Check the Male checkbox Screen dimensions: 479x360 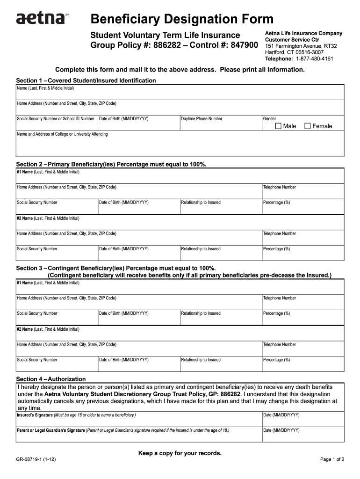coord(279,126)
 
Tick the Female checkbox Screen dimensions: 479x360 coord(308,126)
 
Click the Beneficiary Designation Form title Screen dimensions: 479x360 coord(182,19)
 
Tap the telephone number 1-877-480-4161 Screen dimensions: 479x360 coord(314,59)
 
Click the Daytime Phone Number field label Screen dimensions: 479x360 coord(202,119)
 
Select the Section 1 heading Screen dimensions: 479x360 coord(86,80)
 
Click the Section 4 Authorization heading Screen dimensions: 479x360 coord(51,379)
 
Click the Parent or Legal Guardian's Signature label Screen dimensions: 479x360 coord(51,430)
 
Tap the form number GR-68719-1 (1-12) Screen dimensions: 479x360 coord(36,459)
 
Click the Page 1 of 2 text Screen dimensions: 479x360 coord(332,459)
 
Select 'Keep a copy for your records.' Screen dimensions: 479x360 coord(180,453)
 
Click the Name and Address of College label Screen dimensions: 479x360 coord(62,134)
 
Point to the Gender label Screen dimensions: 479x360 coord(269,119)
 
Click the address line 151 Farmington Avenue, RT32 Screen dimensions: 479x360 coord(301,46)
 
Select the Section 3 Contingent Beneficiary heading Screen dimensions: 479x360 coord(116,268)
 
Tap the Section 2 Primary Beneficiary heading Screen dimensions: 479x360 coord(111,164)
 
